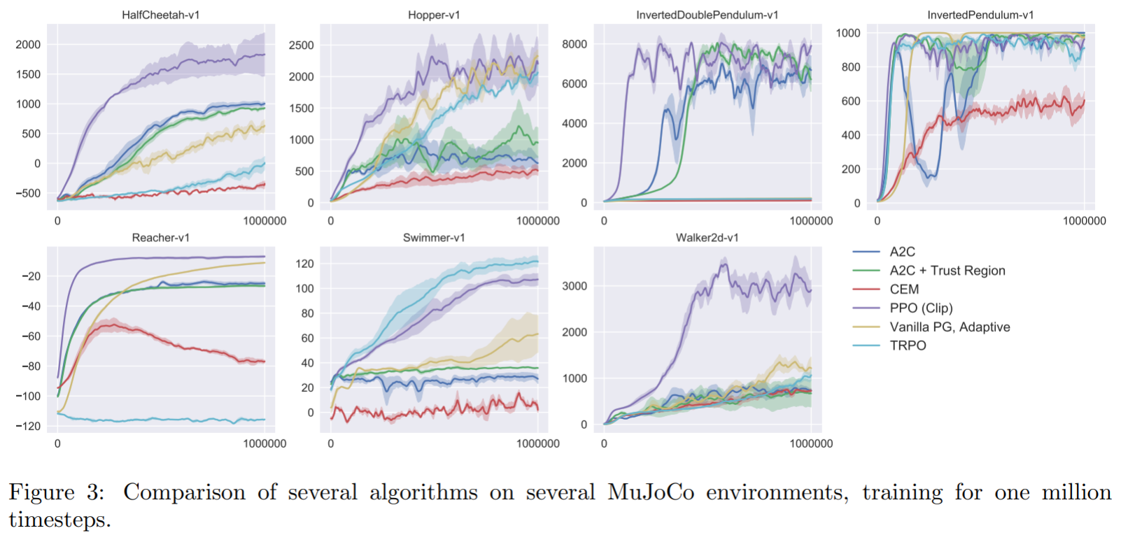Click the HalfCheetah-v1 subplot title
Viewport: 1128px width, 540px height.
[160, 15]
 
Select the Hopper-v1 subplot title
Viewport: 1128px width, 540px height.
[434, 15]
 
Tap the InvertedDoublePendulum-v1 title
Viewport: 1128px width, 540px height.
[707, 15]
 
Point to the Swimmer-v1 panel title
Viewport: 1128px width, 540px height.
[434, 238]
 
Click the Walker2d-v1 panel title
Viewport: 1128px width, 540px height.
[707, 238]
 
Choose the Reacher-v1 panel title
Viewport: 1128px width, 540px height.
[160, 238]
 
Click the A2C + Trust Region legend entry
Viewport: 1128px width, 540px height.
[947, 271]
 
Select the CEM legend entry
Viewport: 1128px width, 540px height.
[904, 290]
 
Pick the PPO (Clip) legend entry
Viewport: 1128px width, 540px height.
[921, 308]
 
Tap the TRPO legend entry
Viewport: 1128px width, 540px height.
[908, 346]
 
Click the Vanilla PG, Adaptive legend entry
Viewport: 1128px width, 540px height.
[950, 327]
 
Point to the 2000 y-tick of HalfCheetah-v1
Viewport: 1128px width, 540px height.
[28, 45]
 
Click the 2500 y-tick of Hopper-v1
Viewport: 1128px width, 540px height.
[301, 45]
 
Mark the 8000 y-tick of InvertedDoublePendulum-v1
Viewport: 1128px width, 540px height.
[574, 44]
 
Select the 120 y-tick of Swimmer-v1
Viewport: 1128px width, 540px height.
[305, 264]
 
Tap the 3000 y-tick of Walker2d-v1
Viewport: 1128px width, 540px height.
[574, 286]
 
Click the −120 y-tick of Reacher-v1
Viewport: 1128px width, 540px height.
[28, 426]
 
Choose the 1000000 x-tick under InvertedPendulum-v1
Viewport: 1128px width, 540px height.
[1084, 221]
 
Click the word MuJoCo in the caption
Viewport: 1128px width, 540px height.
[651, 492]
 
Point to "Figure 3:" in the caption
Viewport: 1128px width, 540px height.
[56, 492]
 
